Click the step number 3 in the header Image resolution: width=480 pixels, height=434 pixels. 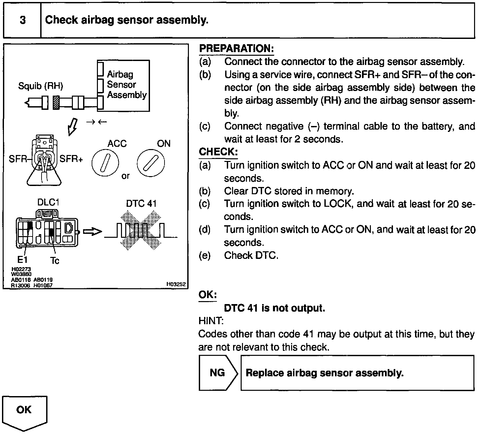[22, 20]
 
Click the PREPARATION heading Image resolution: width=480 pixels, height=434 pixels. [236, 49]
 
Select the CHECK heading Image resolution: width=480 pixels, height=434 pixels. [218, 152]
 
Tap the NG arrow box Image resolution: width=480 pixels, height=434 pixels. [218, 373]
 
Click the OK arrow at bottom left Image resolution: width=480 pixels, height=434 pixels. [24, 411]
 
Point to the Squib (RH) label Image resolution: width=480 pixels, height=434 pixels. [41, 86]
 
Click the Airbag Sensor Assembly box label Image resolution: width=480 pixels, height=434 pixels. [127, 85]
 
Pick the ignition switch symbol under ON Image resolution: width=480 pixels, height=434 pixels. [151, 163]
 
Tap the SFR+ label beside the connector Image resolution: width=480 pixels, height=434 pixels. [72, 159]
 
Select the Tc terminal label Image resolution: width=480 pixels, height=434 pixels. [55, 261]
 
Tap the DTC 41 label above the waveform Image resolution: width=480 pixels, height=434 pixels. [141, 203]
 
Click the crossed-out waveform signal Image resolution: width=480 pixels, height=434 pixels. [141, 231]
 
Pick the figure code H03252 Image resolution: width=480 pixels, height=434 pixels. [176, 284]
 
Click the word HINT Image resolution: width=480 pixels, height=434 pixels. [211, 321]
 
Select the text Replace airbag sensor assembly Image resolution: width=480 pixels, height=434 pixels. [325, 373]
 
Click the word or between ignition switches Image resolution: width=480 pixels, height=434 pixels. [126, 176]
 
